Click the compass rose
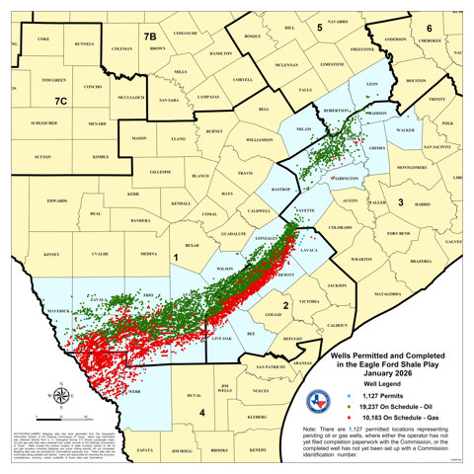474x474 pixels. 60,395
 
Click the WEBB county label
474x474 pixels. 134,392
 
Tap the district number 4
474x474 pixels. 200,412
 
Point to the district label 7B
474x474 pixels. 150,37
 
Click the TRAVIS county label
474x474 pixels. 245,174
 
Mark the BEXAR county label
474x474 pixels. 193,244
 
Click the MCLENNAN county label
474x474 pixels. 287,66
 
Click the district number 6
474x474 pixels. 428,28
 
